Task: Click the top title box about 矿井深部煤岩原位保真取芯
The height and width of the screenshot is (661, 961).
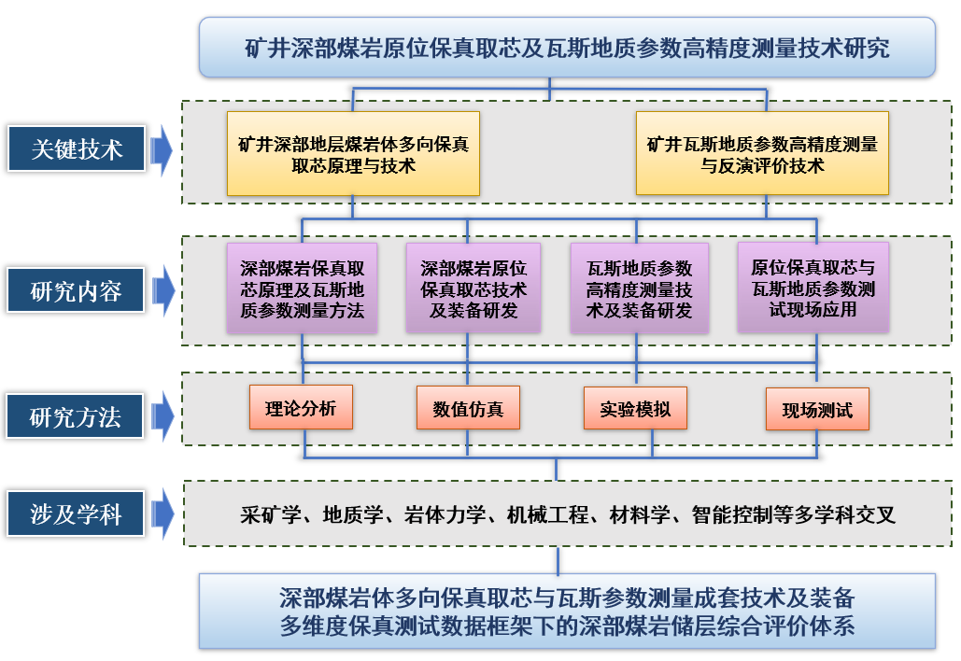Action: point(567,47)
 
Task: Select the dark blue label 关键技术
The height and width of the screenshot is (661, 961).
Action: point(77,149)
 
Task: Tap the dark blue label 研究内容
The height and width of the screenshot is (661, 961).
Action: point(77,291)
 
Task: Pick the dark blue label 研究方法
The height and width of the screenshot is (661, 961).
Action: point(77,416)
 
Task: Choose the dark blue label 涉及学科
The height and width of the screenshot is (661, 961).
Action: point(77,513)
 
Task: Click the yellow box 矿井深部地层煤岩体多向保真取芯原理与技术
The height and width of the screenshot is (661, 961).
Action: point(353,154)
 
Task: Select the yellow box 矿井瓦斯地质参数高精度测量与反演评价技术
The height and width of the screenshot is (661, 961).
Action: point(762,154)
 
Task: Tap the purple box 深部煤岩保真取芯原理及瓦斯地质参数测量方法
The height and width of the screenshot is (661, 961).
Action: point(302,288)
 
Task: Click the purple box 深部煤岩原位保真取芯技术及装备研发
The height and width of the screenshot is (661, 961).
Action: point(473,288)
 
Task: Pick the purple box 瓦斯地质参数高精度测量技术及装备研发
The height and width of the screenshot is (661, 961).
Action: point(639,288)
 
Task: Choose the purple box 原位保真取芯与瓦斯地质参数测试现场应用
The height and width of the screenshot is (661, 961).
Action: point(813,288)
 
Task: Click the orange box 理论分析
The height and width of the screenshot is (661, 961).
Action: point(301,407)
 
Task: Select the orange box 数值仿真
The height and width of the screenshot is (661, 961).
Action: point(467,408)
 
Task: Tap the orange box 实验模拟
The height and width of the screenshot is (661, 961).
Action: point(635,408)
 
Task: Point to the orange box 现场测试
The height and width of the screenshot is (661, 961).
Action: point(816,409)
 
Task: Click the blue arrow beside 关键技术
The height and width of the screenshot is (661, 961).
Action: point(162,149)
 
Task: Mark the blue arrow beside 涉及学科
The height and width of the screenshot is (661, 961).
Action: point(162,513)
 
